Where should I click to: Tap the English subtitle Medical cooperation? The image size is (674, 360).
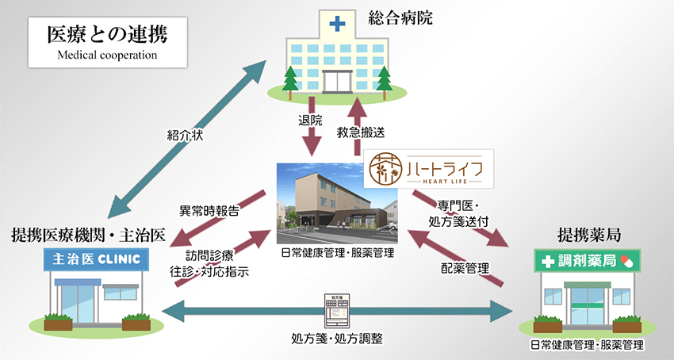click(94, 56)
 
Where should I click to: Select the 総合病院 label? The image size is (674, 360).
click(401, 17)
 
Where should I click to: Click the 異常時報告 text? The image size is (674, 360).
click(210, 212)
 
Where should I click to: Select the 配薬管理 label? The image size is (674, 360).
click(465, 267)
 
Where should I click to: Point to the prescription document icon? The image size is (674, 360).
click(336, 310)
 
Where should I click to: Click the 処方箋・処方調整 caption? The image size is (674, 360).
click(336, 339)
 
